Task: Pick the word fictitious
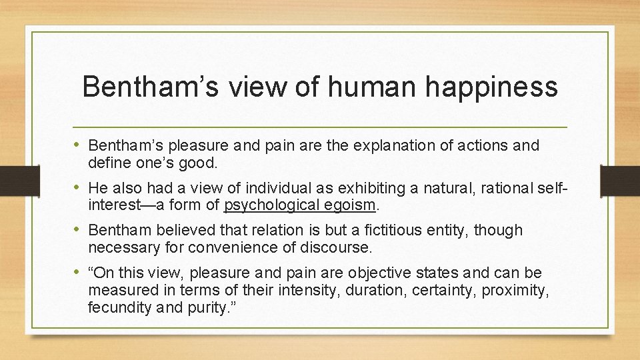381,231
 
